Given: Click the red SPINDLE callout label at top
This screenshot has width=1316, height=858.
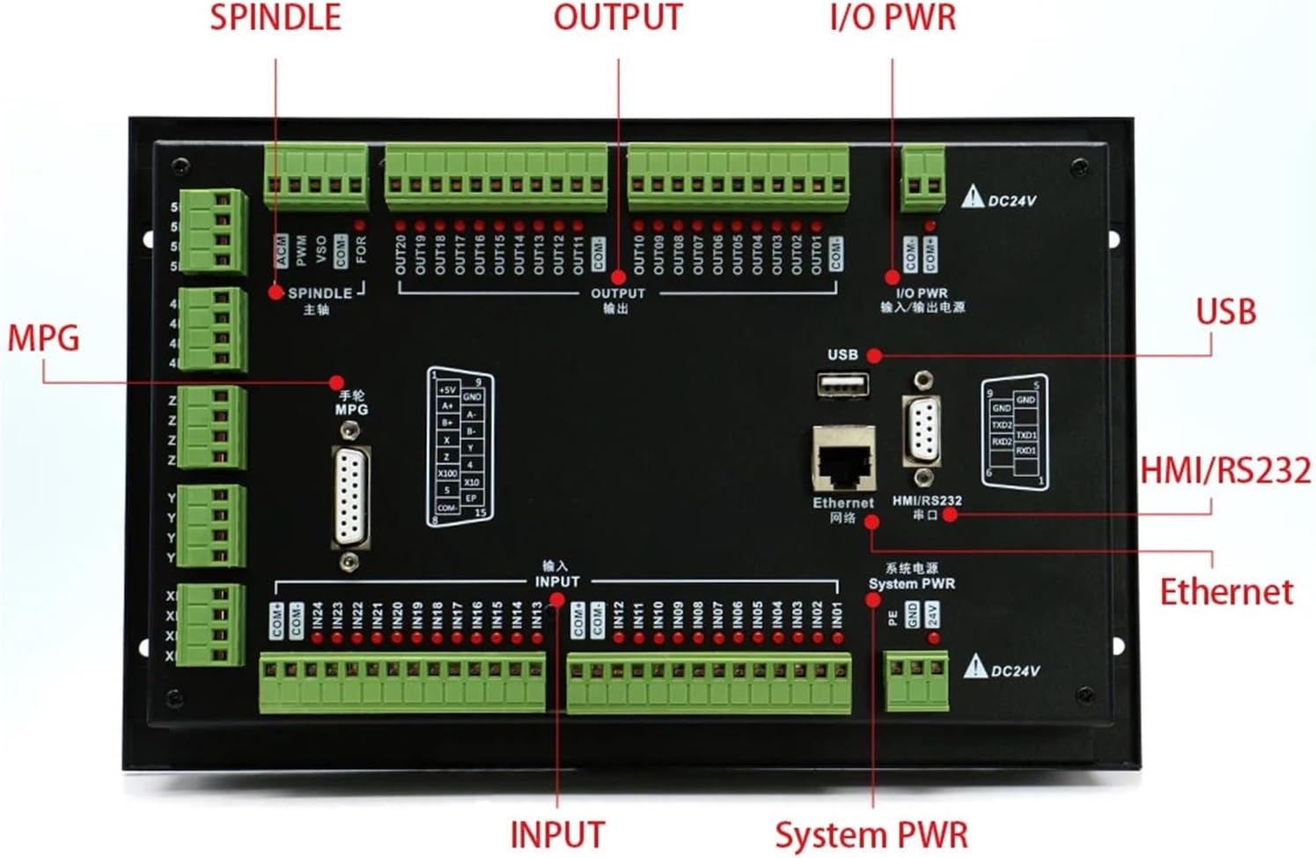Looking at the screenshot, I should pyautogui.click(x=275, y=18).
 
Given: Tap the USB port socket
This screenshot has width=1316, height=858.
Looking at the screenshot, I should pyautogui.click(x=842, y=386).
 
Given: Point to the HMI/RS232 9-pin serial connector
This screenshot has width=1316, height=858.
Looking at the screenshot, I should pyautogui.click(x=922, y=430).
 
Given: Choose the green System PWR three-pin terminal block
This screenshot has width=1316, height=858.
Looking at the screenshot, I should pyautogui.click(x=916, y=679).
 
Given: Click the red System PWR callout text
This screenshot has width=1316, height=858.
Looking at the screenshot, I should pyautogui.click(x=871, y=834).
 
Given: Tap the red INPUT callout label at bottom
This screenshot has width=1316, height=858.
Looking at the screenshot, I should pyautogui.click(x=557, y=834).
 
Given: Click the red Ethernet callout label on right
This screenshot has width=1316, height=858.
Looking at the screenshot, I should pyautogui.click(x=1225, y=591).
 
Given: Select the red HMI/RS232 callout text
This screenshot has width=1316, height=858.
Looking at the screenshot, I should pyautogui.click(x=1225, y=470).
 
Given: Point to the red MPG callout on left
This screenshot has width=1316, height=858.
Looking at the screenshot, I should pyautogui.click(x=43, y=338).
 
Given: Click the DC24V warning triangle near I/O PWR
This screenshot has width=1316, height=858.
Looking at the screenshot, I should pyautogui.click(x=972, y=197).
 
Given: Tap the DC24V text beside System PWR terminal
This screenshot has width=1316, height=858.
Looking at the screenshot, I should pyautogui.click(x=1015, y=671).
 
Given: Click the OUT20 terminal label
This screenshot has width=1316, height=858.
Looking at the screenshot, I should pyautogui.click(x=401, y=254).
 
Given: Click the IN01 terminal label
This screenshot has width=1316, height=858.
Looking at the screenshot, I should pyautogui.click(x=836, y=616).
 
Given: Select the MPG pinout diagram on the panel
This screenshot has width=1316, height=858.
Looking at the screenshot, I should pyautogui.click(x=460, y=447).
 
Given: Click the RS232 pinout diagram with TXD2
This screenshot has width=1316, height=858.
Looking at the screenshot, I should pyautogui.click(x=1014, y=432).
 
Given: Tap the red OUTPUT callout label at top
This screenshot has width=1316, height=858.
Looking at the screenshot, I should pyautogui.click(x=617, y=18).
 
